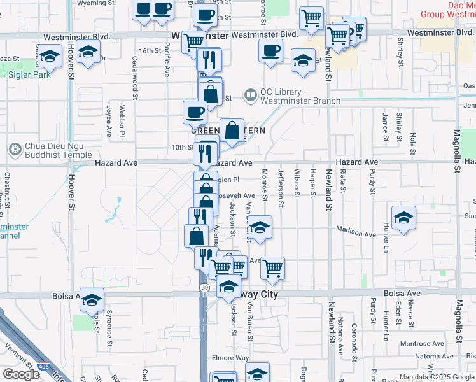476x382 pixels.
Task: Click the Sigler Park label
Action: click(x=29, y=74)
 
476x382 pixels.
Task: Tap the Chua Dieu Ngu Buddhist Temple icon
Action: click(x=15, y=150)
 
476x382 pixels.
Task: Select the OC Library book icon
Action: click(x=251, y=95)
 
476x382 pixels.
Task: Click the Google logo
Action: click(x=21, y=374)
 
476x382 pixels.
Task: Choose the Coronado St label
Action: click(x=356, y=339)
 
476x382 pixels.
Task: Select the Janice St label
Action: click(x=386, y=123)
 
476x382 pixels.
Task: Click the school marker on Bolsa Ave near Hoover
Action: click(x=92, y=299)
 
